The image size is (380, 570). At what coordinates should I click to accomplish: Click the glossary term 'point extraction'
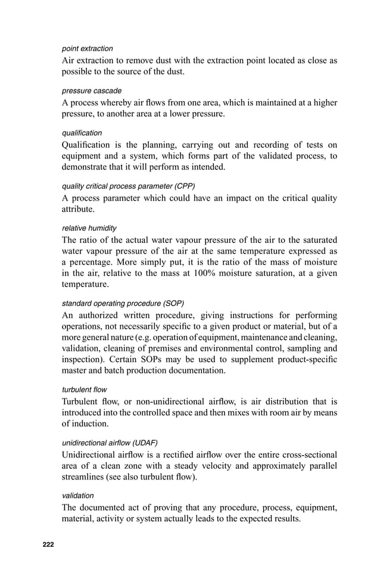87,48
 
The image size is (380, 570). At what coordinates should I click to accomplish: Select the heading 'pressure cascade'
91,91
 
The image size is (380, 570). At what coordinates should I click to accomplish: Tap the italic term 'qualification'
82,133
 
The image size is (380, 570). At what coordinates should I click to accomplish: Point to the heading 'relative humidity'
89,228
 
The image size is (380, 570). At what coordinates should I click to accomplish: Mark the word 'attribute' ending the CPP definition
79,209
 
